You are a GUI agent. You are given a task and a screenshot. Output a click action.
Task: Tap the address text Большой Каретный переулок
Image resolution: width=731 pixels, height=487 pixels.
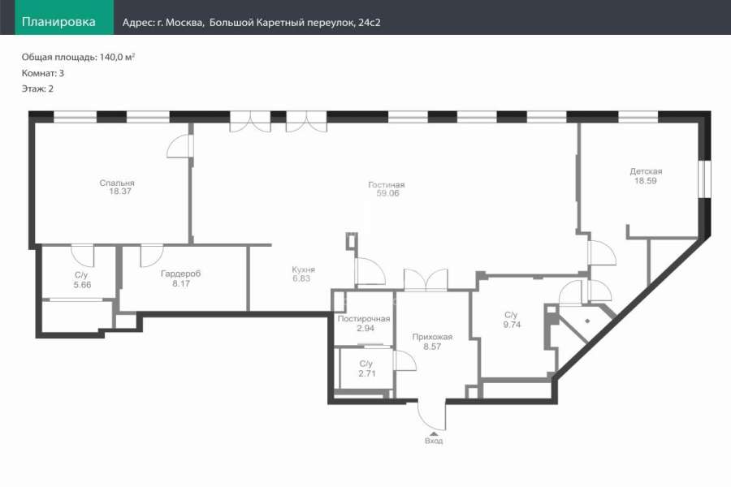click(x=281, y=23)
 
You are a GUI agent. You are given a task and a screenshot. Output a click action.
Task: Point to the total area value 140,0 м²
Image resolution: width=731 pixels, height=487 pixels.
click(x=117, y=58)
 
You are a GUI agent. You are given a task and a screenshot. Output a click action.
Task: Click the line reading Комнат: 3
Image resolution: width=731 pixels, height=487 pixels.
click(x=43, y=73)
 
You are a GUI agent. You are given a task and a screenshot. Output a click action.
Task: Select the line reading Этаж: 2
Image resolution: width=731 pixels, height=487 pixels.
click(x=37, y=88)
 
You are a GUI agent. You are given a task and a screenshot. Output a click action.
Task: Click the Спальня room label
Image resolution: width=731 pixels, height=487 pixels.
click(x=117, y=183)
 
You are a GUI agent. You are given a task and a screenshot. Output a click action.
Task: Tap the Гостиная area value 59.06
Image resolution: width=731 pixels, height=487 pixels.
click(x=388, y=193)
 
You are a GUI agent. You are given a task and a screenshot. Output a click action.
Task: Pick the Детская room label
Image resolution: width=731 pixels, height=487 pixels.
click(x=646, y=171)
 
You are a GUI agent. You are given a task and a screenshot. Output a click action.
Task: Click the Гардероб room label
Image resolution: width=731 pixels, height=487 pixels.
click(x=181, y=274)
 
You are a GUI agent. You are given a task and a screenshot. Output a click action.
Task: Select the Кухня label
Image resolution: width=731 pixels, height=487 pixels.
click(x=304, y=269)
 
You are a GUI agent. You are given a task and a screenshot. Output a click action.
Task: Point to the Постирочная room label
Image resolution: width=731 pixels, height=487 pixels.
click(x=364, y=319)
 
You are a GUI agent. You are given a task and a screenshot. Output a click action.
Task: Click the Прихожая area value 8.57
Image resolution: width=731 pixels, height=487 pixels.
click(x=432, y=347)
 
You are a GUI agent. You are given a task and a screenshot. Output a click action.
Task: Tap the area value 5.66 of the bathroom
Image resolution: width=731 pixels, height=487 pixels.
click(x=82, y=285)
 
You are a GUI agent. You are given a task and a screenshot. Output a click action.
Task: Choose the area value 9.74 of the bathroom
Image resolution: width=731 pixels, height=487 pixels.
click(x=512, y=325)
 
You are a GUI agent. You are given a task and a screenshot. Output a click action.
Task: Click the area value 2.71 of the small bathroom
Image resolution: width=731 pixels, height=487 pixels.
click(x=367, y=373)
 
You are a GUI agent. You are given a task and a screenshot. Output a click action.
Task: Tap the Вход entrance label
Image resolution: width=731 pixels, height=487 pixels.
click(x=434, y=441)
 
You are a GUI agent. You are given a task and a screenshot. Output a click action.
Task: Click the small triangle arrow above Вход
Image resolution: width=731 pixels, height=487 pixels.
click(x=434, y=434)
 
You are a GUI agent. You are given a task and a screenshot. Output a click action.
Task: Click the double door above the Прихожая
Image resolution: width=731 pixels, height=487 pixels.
click(x=426, y=280)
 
